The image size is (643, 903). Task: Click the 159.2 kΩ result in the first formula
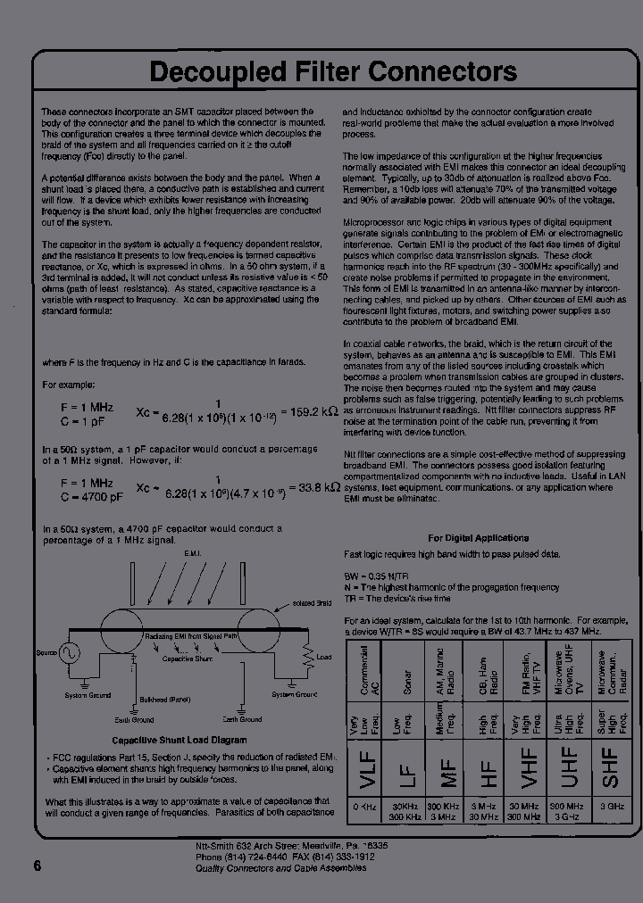[x=310, y=411]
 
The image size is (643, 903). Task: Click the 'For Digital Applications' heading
[x=478, y=538]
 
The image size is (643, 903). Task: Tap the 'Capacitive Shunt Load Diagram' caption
[x=179, y=741]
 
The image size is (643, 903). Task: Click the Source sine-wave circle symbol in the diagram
[x=68, y=653]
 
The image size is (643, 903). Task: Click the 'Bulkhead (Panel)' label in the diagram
[x=165, y=700]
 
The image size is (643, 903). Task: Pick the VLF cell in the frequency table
[x=365, y=767]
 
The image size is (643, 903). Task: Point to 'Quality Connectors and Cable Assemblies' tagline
[x=280, y=867]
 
